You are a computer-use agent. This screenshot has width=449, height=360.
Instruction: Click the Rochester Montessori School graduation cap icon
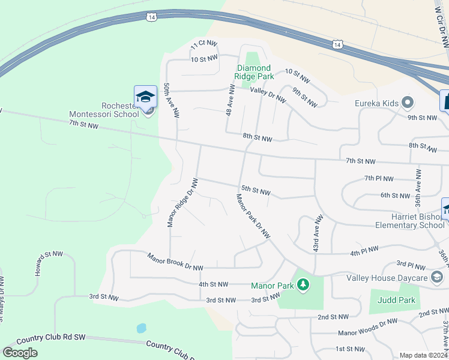145,97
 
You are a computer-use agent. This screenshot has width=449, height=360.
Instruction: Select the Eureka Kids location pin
408,103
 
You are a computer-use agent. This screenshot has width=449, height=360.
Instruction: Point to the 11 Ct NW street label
202,46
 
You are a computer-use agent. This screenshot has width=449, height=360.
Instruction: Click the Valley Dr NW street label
268,95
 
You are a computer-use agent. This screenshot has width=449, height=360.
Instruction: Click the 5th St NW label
256,191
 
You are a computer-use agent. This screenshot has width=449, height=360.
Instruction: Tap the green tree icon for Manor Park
304,284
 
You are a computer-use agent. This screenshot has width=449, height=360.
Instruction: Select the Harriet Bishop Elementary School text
410,221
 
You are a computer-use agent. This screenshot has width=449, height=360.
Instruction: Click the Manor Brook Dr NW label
175,262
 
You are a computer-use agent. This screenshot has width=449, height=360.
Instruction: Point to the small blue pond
141,328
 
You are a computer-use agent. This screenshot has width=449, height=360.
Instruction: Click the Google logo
20,353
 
